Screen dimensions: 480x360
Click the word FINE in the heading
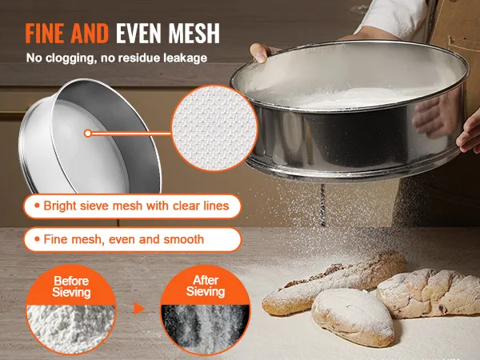tap(45, 33)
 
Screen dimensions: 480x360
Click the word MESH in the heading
tap(194, 33)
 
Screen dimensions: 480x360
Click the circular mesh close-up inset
tap(214, 128)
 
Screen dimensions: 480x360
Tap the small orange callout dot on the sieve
tap(88, 133)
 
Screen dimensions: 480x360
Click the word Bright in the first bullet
tap(60, 206)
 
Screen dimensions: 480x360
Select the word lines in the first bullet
tap(217, 206)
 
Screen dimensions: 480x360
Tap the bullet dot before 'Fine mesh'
tap(37, 238)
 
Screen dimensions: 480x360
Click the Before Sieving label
tap(71, 286)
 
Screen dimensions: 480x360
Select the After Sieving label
tap(206, 286)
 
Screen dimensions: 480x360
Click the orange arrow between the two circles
tap(139, 309)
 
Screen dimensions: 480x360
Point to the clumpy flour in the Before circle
tap(71, 327)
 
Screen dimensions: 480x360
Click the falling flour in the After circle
tap(206, 327)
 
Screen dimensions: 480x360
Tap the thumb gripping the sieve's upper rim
tap(259, 53)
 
